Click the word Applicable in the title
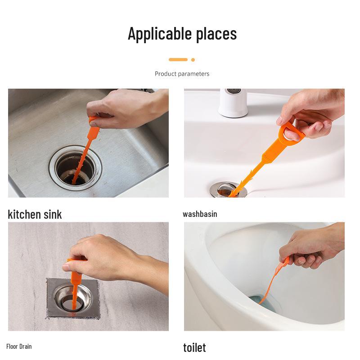160,34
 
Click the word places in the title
216,34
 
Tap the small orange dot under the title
193,60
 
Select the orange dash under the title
178,60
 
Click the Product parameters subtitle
182,74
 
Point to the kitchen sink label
35,214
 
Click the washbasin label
200,214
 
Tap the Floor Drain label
19,346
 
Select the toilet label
194,347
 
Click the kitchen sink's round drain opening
76,168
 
